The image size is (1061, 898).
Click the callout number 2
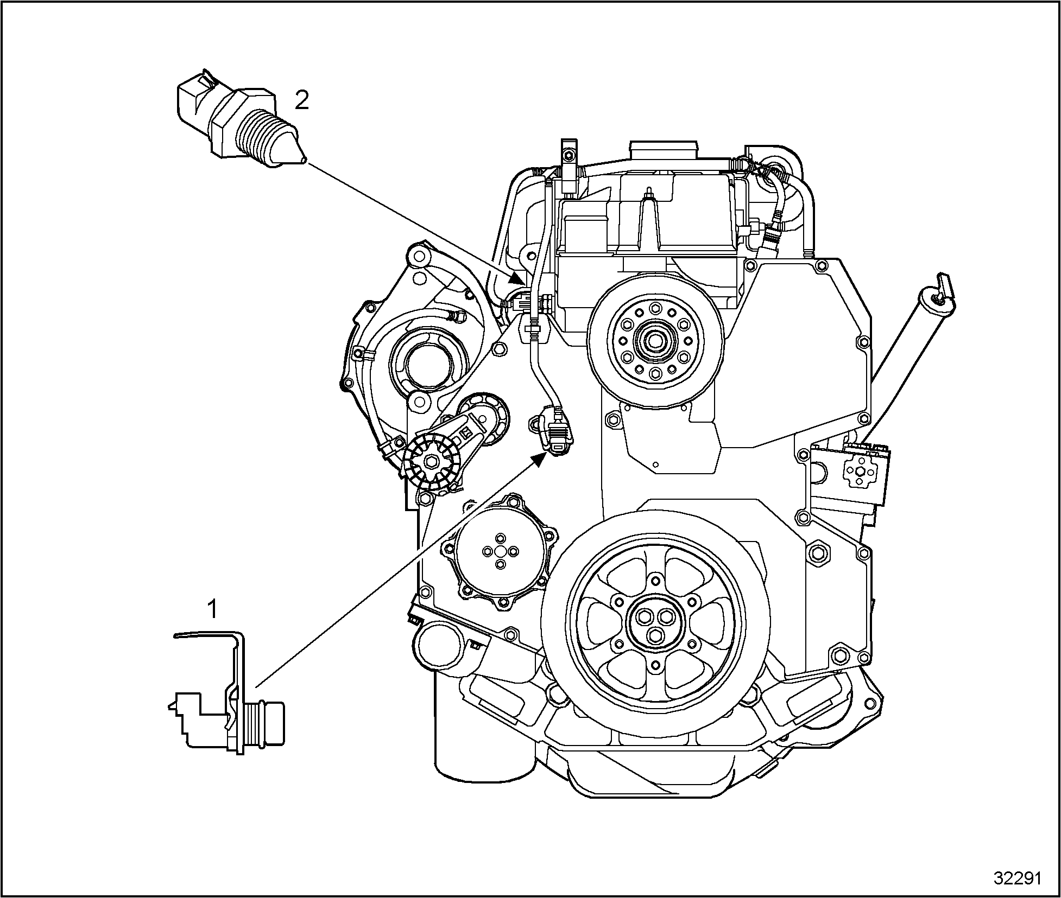click(x=301, y=100)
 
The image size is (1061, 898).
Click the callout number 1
click(x=213, y=609)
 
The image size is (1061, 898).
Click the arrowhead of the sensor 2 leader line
click(x=517, y=279)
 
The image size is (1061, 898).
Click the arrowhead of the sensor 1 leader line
click(x=539, y=460)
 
